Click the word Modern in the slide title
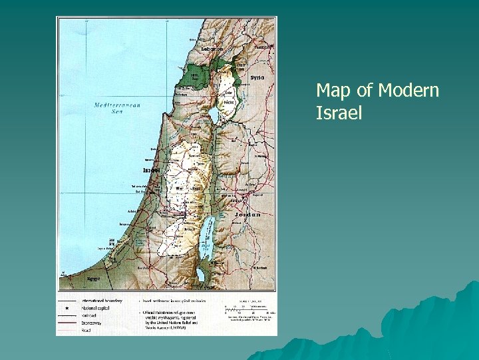(x=408, y=90)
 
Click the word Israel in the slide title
(x=339, y=113)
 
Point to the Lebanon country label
(x=212, y=49)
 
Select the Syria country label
(x=257, y=77)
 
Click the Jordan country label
(x=247, y=215)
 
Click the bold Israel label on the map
(x=152, y=170)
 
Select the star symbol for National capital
(x=69, y=309)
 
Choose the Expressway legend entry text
(x=93, y=323)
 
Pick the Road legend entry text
(x=86, y=330)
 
